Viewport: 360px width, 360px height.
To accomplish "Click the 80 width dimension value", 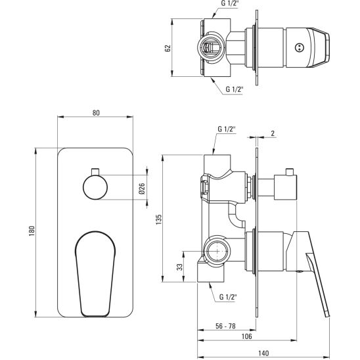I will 96,113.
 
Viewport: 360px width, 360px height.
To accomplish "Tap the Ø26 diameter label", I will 142,191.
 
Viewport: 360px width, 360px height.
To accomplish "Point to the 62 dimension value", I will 168,48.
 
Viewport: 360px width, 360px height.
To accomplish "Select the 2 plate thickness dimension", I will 273,134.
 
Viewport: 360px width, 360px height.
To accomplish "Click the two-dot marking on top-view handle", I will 301,47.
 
